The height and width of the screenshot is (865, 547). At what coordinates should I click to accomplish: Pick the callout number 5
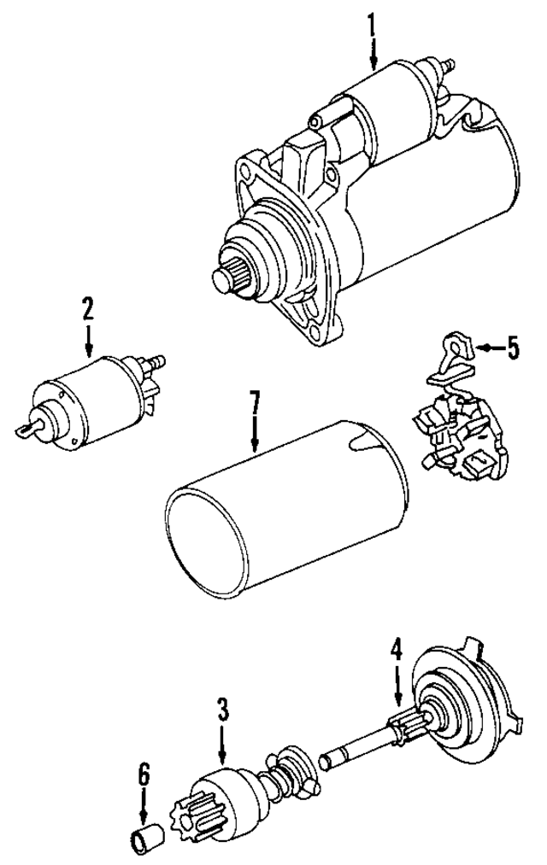[x=511, y=348]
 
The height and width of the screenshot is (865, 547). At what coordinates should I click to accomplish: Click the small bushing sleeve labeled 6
[x=143, y=842]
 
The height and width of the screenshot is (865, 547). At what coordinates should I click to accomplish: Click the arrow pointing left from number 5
[x=485, y=348]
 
